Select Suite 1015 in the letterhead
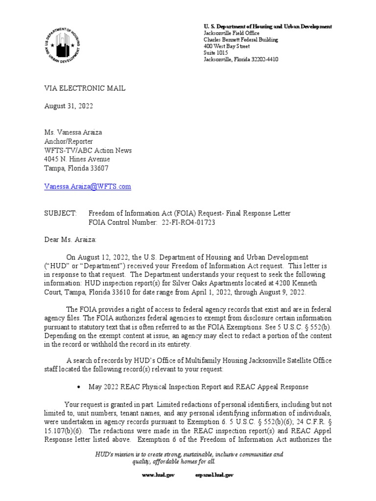(x=215, y=53)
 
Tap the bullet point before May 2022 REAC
(x=79, y=387)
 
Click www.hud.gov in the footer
(x=155, y=475)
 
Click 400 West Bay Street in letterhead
(x=226, y=46)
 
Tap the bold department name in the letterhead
(x=267, y=26)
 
